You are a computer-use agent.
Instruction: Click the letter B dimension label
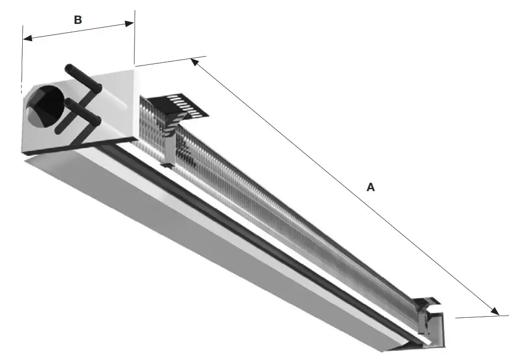click(78, 20)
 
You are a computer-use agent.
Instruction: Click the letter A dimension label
click(371, 188)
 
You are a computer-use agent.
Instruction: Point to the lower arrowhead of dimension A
click(494, 312)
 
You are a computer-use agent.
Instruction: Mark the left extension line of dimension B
click(22, 56)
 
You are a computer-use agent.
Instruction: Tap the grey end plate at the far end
click(439, 333)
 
